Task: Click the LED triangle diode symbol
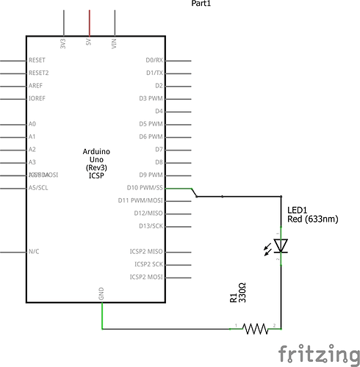pyautogui.click(x=280, y=245)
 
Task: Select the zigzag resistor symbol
pyautogui.click(x=255, y=328)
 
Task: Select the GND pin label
pyautogui.click(x=101, y=294)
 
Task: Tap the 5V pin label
pyautogui.click(x=89, y=43)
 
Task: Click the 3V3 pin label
pyautogui.click(x=64, y=43)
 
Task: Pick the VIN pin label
pyautogui.click(x=114, y=43)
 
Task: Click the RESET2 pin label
pyautogui.click(x=38, y=73)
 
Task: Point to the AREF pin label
pyautogui.click(x=35, y=86)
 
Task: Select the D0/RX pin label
pyautogui.click(x=154, y=60)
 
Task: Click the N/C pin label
pyautogui.click(x=34, y=252)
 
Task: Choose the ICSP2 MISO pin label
pyautogui.click(x=146, y=252)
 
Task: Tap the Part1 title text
pyautogui.click(x=202, y=4)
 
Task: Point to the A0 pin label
pyautogui.click(x=32, y=124)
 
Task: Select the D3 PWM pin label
pyautogui.click(x=151, y=98)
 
